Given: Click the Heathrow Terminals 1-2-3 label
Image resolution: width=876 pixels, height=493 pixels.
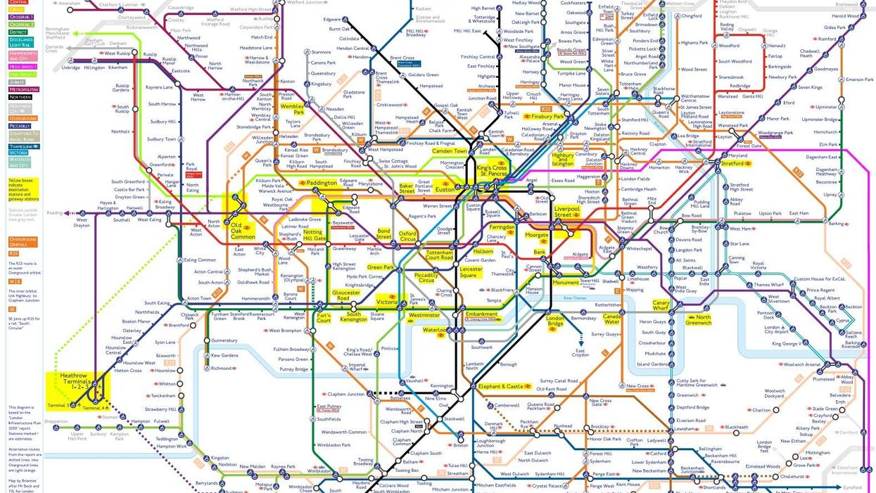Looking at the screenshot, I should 75,381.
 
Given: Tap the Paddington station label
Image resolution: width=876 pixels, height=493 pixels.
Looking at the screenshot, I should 322,183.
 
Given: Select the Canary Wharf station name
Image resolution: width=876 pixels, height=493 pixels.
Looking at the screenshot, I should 661,306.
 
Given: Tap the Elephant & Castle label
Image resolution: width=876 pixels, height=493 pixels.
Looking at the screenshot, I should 501,387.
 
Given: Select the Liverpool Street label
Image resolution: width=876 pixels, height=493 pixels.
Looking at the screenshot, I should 567,211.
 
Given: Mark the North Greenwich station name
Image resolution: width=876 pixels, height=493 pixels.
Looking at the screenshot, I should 698,320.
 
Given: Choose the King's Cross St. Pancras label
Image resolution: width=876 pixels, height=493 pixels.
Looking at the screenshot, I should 492,172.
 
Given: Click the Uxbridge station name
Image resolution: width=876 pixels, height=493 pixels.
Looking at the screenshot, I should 71,68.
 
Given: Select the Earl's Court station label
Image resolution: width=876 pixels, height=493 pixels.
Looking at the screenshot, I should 324,318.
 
